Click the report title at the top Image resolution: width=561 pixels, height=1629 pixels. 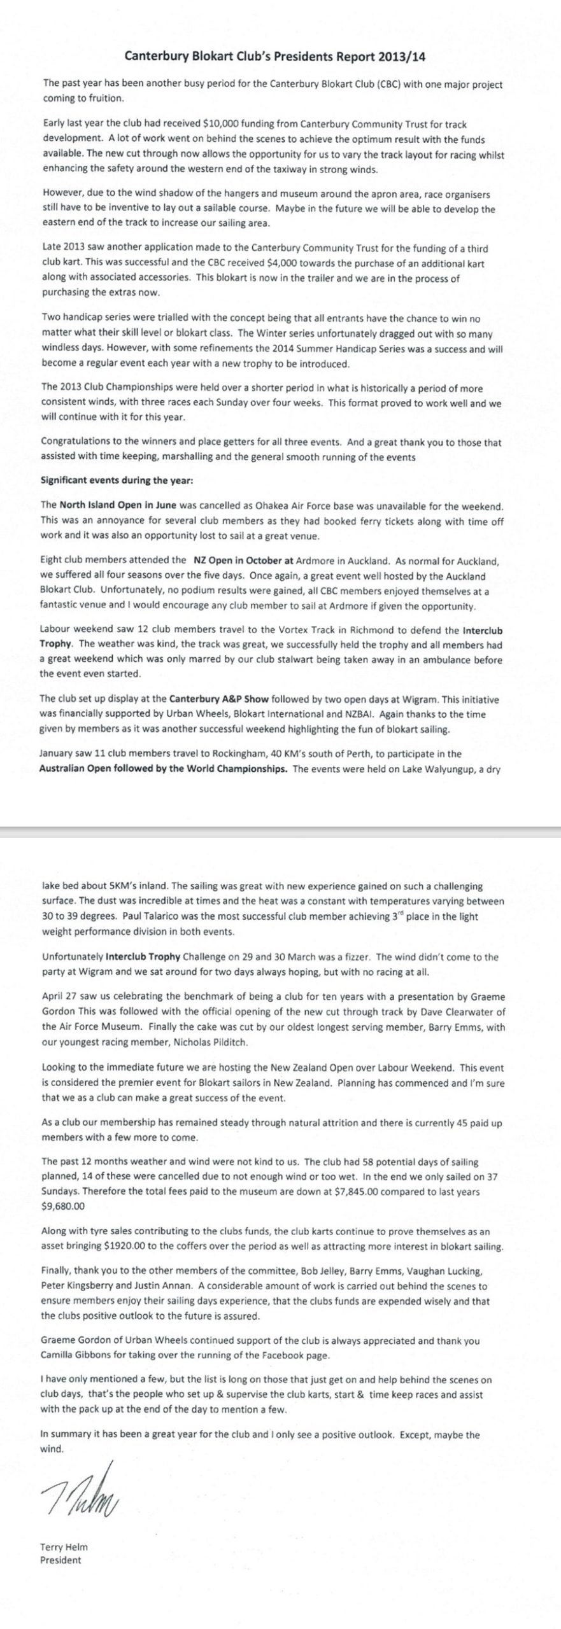tap(274, 56)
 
